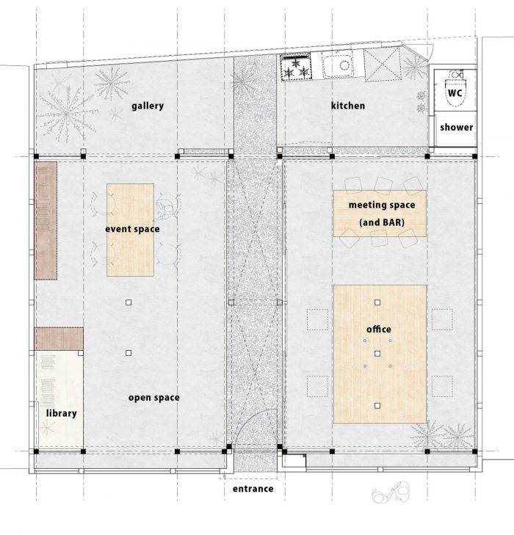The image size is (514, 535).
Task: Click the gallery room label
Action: [x=148, y=106]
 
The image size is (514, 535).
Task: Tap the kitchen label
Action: [x=348, y=106]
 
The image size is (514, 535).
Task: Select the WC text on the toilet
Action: [x=455, y=92]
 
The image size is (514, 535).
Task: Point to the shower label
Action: [x=456, y=127]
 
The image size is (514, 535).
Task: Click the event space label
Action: [x=132, y=229]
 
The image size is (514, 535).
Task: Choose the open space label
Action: [x=154, y=398]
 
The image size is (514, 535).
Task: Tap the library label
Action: [x=62, y=413]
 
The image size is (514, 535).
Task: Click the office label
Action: [x=379, y=330]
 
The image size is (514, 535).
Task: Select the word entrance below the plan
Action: [x=253, y=489]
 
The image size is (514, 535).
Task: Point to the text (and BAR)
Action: [x=382, y=222]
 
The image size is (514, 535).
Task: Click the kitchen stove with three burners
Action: [x=296, y=68]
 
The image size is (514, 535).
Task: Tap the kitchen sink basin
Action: [x=338, y=65]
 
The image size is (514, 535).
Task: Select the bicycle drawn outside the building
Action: [x=391, y=492]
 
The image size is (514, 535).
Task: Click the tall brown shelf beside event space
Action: [x=46, y=221]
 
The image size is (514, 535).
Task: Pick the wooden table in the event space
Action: [x=130, y=230]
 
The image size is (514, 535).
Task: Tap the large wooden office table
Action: [x=380, y=354]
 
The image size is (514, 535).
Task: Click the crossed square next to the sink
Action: [x=383, y=65]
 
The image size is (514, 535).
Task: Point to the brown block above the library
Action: [x=59, y=339]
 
